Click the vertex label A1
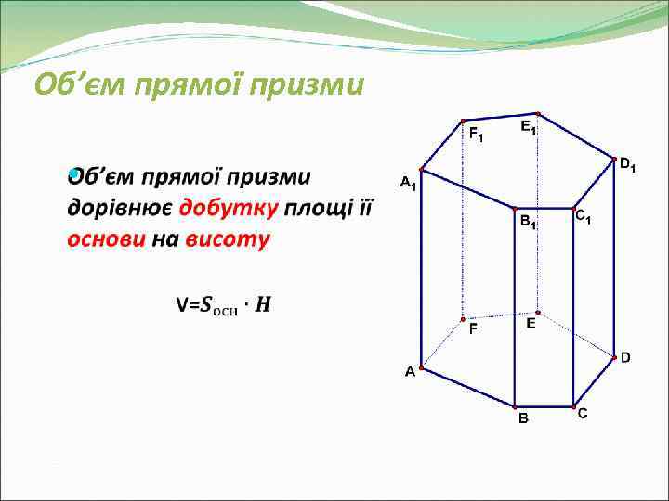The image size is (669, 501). [408, 183]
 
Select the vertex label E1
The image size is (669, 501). [527, 127]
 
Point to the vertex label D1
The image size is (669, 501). [627, 166]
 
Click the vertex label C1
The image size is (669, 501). [584, 218]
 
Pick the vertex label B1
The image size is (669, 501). [528, 223]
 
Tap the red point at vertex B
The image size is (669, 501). [515, 406]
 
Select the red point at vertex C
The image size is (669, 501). [574, 405]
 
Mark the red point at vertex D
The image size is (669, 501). [614, 354]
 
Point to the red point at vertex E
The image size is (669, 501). [538, 313]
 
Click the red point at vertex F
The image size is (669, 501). [463, 319]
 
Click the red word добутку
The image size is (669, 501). [229, 208]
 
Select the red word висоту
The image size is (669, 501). [228, 239]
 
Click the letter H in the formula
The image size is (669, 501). [264, 305]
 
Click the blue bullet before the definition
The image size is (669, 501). [72, 173]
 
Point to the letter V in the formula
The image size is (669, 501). [181, 305]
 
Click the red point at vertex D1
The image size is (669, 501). [614, 159]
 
